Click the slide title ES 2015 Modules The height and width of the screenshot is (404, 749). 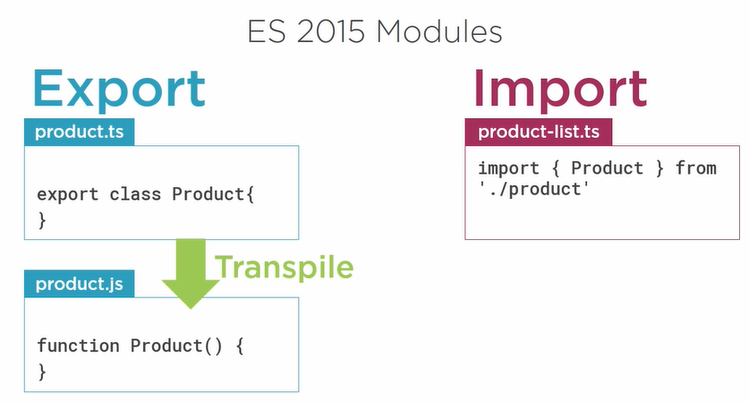[375, 32]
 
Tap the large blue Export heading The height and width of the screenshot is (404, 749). [119, 90]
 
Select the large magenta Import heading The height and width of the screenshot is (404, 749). [560, 90]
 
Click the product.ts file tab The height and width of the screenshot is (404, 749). [80, 132]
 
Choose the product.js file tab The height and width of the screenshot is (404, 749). [80, 284]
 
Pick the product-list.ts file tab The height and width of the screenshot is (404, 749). [539, 132]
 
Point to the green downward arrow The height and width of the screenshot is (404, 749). [191, 273]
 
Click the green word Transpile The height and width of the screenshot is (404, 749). [285, 267]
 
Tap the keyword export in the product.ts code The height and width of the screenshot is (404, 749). [68, 194]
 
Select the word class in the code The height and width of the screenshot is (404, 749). [135, 194]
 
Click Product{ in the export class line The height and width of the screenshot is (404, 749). [213, 194]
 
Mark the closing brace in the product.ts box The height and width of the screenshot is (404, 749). [42, 220]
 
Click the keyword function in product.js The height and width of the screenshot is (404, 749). [79, 346]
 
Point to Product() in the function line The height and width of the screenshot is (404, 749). [176, 346]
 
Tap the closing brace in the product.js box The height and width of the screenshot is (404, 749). [42, 372]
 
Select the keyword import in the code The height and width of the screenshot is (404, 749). [508, 168]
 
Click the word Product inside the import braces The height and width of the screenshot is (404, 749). [607, 168]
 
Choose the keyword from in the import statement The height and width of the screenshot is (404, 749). [696, 168]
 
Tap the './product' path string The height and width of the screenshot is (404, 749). [533, 189]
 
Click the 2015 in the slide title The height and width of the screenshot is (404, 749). [330, 32]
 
